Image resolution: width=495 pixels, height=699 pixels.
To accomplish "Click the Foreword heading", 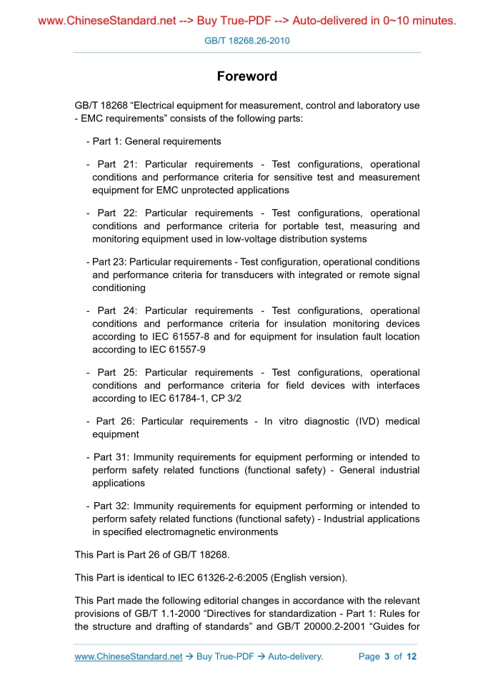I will pos(247,76).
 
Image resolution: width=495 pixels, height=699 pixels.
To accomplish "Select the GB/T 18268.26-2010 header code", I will pos(247,41).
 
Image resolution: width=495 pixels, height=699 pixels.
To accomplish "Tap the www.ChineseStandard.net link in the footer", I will pos(129,656).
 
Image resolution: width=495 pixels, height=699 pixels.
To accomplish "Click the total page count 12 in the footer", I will pos(411,656).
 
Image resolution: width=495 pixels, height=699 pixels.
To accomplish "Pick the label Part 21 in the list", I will pos(116,164).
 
